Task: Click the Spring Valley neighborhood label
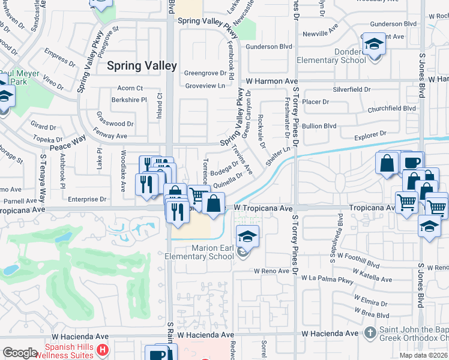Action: (x=142, y=66)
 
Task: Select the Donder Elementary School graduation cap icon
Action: (x=374, y=46)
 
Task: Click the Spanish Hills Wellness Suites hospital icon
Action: (x=103, y=349)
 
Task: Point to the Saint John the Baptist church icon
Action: (x=370, y=332)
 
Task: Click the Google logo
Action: (x=20, y=353)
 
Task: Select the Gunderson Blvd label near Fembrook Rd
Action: (x=268, y=46)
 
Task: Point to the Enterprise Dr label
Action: (x=86, y=199)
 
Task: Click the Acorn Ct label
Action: (x=130, y=88)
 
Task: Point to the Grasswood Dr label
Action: (x=114, y=124)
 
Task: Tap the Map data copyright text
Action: (x=423, y=355)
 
